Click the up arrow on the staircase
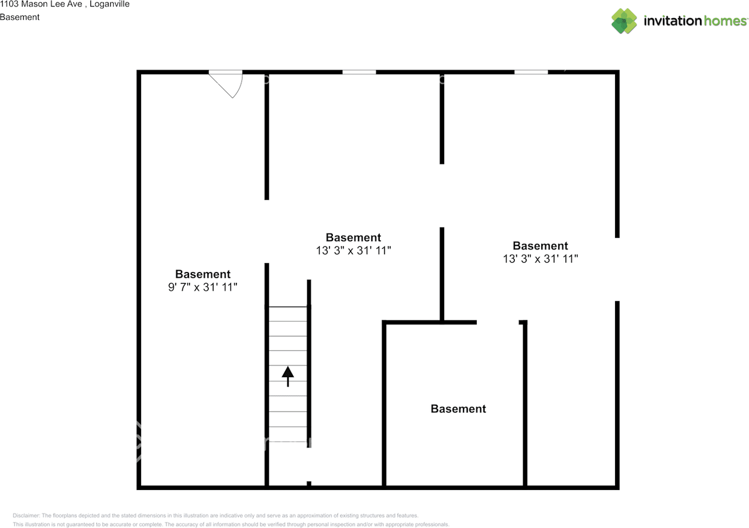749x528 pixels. (x=288, y=377)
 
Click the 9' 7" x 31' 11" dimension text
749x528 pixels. (x=202, y=287)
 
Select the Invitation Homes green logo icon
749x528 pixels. (x=624, y=21)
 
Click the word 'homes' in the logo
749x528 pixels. (x=725, y=20)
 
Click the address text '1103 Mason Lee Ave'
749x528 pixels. (x=41, y=4)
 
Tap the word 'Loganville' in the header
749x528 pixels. (x=109, y=4)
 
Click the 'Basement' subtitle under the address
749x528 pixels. (x=20, y=17)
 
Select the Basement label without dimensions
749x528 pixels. (x=458, y=409)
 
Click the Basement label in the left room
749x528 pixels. (x=202, y=274)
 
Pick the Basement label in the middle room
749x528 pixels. (x=353, y=237)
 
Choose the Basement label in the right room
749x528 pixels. (x=540, y=246)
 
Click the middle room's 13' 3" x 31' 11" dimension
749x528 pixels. (x=353, y=250)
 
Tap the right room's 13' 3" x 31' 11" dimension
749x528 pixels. (x=540, y=258)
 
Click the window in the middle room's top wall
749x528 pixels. (x=359, y=72)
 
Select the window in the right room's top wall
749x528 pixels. (x=531, y=72)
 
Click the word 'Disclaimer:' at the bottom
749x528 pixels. (x=26, y=516)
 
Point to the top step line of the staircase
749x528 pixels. (x=288, y=307)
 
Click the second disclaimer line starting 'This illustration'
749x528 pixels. (x=231, y=524)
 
